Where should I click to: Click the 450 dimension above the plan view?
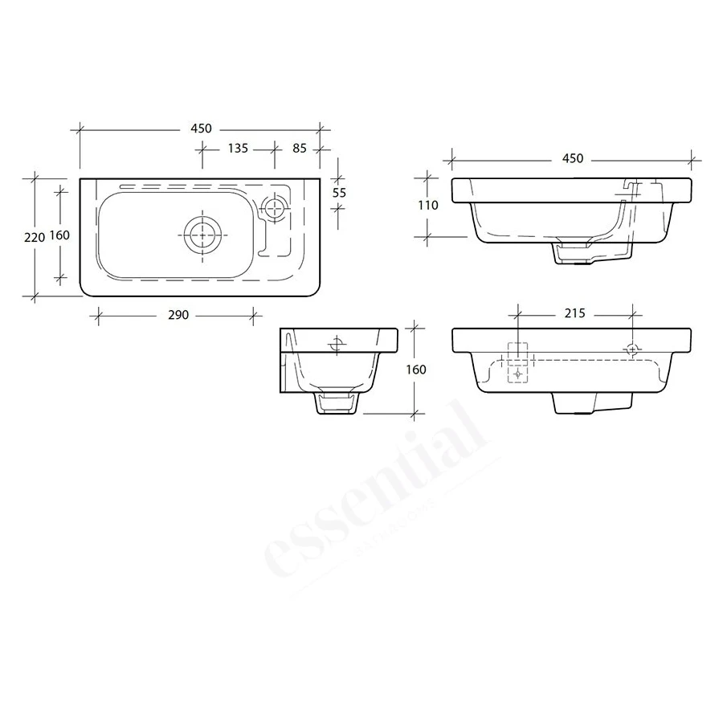pos(200,129)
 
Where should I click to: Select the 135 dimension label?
pos(237,148)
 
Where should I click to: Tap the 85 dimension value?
pos(299,148)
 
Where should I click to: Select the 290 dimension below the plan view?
pos(178,315)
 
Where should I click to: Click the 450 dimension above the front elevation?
pos(572,159)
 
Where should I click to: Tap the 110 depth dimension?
pos(427,206)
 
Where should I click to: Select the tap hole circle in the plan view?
pos(276,206)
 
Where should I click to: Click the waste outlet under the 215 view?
pos(575,403)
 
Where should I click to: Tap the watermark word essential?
pos(378,498)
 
